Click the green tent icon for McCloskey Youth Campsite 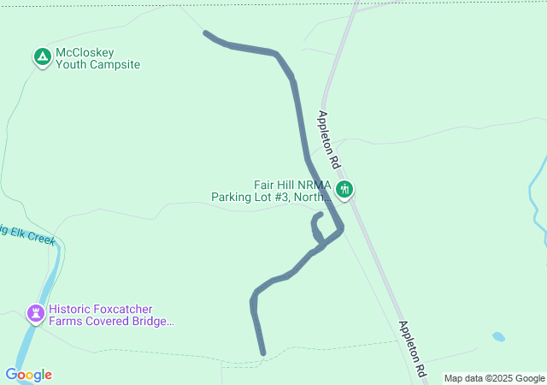point(42,57)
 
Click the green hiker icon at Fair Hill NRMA point(344,189)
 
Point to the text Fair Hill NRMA point(291,185)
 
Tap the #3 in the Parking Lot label point(282,198)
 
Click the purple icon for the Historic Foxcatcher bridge point(35,315)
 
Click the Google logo point(28,375)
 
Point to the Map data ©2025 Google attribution point(493,378)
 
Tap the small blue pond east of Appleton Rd point(498,337)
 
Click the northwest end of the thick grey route point(205,33)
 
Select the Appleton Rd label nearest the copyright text point(413,350)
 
